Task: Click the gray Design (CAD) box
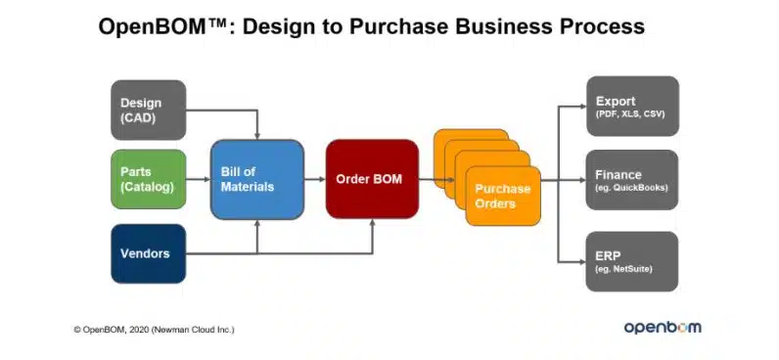click(149, 110)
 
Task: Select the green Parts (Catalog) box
click(149, 179)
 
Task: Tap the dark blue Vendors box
click(149, 253)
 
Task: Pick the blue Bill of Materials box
click(257, 179)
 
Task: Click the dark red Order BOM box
click(372, 179)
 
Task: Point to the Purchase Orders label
click(502, 196)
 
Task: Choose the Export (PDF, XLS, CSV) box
click(632, 106)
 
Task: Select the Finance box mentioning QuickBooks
click(632, 180)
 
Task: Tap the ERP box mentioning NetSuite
click(632, 261)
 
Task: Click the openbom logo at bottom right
click(663, 327)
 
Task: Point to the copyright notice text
click(154, 330)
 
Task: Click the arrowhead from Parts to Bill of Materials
click(207, 179)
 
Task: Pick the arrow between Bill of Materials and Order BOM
click(315, 179)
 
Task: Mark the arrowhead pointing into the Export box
click(582, 106)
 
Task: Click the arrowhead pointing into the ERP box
click(582, 261)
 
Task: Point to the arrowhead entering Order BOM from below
click(372, 222)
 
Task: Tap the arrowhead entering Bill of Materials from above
click(257, 136)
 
